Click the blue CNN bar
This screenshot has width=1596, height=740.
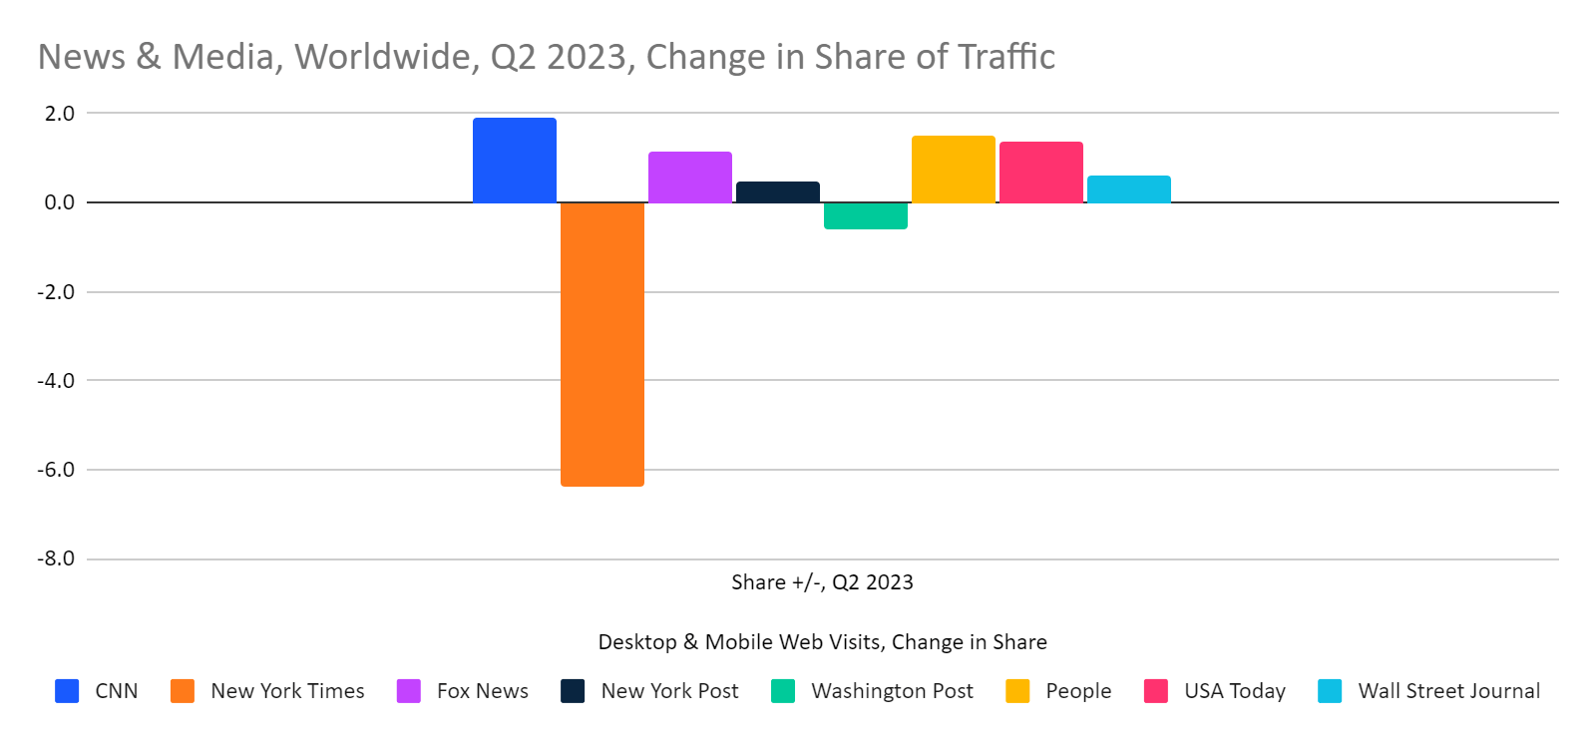514,161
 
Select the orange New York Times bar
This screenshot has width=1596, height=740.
601,344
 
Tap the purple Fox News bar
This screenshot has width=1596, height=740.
689,178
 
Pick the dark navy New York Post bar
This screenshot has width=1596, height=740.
777,192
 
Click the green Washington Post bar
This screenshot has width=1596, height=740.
865,215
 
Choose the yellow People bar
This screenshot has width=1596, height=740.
953,170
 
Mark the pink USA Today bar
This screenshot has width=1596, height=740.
1040,173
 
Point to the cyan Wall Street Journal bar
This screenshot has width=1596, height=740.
1128,189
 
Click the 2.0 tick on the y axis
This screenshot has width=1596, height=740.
59,114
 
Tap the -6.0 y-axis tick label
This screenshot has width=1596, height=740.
56,470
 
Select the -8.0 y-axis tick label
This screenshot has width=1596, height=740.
56,558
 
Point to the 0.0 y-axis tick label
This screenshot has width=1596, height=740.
59,202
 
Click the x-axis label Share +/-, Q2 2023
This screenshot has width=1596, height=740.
822,582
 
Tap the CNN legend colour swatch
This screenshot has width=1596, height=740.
67,691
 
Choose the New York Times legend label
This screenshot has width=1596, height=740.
287,691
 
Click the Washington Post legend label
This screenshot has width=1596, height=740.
892,691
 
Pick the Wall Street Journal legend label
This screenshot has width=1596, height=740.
1448,691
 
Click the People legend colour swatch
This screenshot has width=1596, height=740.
1017,691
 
